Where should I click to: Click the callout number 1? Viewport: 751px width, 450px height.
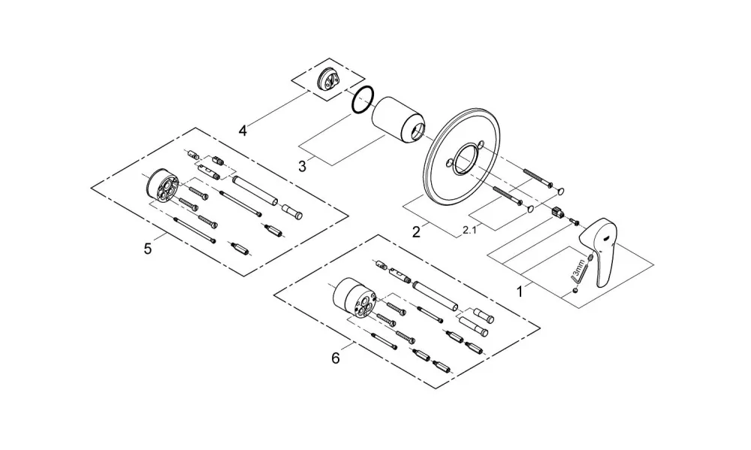520,291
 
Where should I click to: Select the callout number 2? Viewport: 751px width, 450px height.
416,232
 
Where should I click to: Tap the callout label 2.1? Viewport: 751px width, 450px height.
470,231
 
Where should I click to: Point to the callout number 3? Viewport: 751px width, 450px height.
302,166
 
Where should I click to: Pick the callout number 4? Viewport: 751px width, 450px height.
243,130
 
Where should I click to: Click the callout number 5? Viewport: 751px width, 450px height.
147,249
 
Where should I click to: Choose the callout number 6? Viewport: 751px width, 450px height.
335,358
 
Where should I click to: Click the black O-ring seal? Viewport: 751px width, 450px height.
363,100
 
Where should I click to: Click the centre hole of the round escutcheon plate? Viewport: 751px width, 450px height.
463,159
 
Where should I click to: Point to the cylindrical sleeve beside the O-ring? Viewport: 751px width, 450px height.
399,120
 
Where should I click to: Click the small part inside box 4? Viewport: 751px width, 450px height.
327,79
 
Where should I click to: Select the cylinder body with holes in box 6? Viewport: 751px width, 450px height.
353,297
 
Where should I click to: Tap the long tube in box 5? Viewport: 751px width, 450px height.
255,191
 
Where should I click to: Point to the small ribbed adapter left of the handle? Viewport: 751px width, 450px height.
556,211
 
